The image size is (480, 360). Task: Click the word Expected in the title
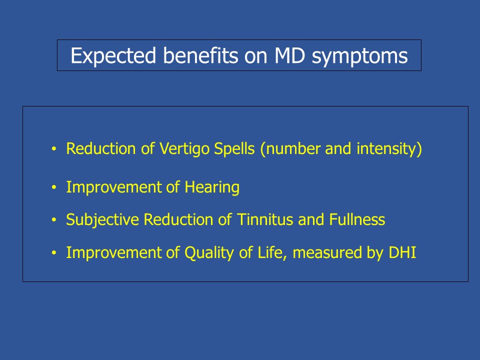click(113, 55)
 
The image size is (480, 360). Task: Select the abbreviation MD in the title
click(289, 55)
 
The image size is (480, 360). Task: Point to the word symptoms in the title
click(359, 57)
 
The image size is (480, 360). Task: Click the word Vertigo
click(184, 149)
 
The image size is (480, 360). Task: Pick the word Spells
click(234, 149)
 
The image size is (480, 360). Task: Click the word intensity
click(387, 149)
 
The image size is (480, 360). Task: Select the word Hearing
click(212, 187)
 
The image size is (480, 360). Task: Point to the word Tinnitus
click(265, 219)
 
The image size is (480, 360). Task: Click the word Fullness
click(357, 219)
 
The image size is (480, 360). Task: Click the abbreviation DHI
click(402, 252)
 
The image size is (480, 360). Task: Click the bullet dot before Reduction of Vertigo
click(54, 149)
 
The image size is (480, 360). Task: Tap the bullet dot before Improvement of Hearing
click(54, 187)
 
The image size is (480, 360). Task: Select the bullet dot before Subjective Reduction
click(54, 220)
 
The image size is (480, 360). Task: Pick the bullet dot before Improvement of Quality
click(54, 253)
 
